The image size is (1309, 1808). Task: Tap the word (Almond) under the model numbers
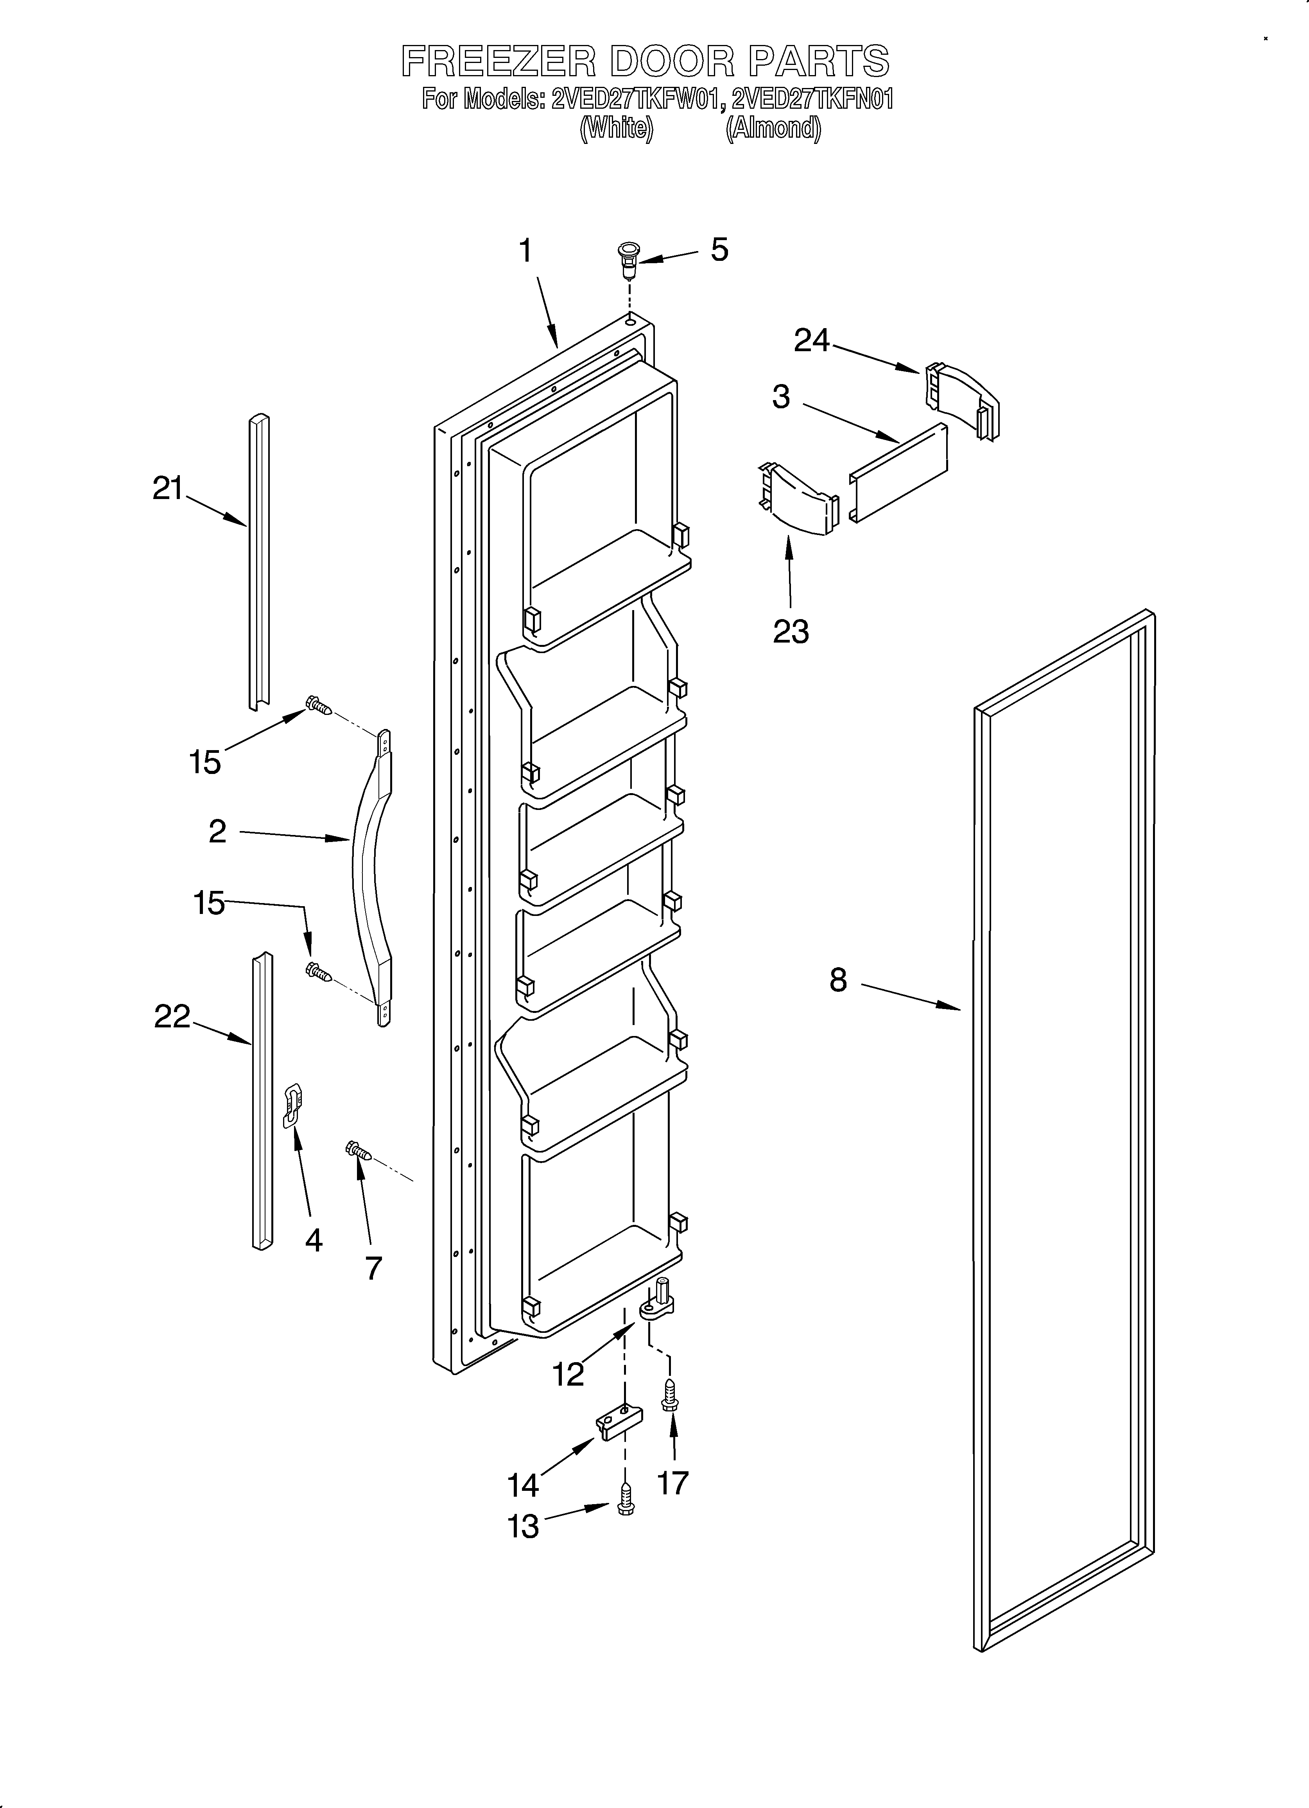pos(773,128)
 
